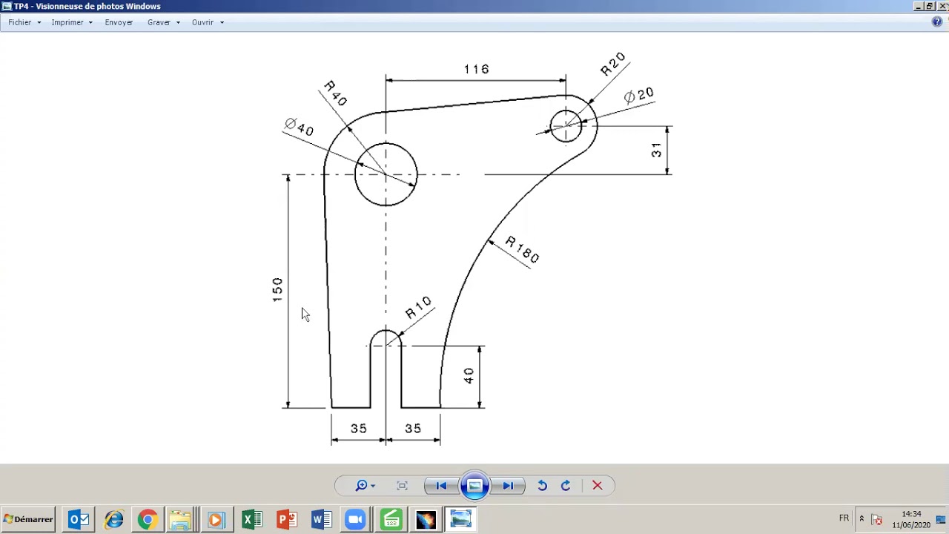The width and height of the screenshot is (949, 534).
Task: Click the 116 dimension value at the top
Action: click(x=476, y=69)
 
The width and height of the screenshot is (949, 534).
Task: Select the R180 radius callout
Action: click(x=522, y=249)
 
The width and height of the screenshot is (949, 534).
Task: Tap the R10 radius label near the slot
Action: click(x=418, y=307)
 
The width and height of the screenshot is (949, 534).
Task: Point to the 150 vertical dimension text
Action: click(x=277, y=289)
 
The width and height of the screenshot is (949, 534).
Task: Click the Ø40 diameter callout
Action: click(x=300, y=127)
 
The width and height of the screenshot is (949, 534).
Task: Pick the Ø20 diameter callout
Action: click(x=638, y=95)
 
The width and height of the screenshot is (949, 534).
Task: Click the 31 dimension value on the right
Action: click(x=656, y=151)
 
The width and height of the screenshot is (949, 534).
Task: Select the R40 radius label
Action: click(x=335, y=93)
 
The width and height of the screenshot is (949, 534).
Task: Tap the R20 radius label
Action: click(x=613, y=65)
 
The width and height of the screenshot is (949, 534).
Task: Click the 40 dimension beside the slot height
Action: click(x=469, y=376)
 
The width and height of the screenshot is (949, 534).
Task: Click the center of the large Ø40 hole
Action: click(x=386, y=174)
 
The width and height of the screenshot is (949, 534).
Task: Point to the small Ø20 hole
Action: click(x=566, y=126)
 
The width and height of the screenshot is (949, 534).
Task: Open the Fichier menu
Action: click(x=20, y=22)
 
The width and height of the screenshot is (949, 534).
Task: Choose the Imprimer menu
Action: click(x=67, y=22)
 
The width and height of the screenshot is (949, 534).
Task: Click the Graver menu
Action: click(x=159, y=22)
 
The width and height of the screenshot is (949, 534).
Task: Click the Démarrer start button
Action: click(x=28, y=519)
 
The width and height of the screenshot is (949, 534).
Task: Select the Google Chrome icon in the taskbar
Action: click(x=148, y=519)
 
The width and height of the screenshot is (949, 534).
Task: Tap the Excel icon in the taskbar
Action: click(x=252, y=519)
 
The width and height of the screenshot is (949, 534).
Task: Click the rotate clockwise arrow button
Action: click(x=566, y=486)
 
